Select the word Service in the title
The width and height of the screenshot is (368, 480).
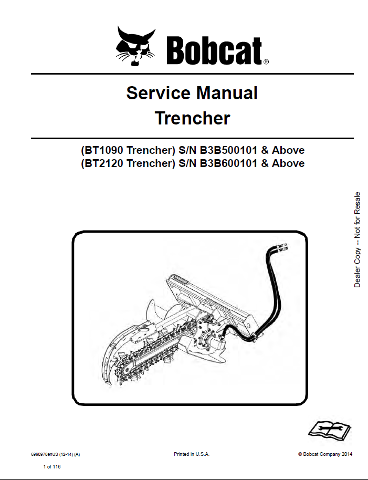point(158,93)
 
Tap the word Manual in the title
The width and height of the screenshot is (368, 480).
point(227,93)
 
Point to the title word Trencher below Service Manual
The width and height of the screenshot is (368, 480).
point(192,118)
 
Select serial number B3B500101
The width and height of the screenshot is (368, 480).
point(228,150)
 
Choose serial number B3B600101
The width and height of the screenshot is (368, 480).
point(228,163)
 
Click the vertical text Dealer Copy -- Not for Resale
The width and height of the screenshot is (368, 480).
point(358,239)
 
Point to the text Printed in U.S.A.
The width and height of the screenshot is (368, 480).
point(192,453)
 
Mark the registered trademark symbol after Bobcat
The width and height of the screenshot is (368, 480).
point(266,62)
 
